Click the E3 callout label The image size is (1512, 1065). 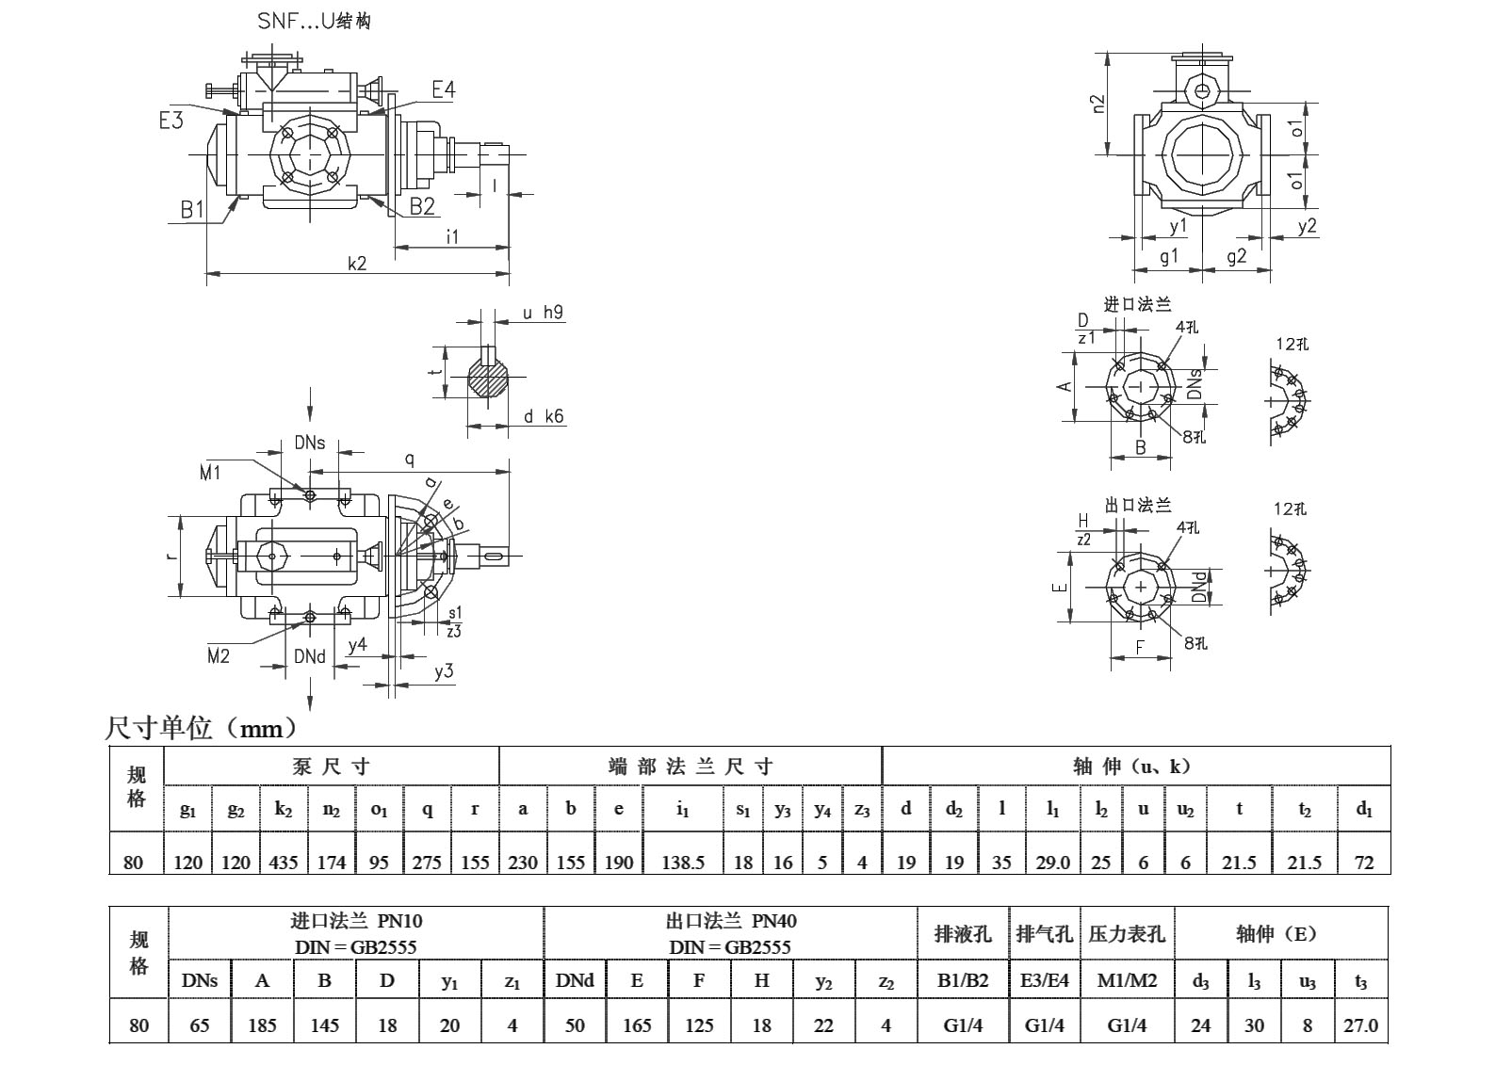[x=171, y=120]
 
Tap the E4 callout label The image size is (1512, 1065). [x=444, y=89]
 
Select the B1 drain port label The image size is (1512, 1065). [x=192, y=209]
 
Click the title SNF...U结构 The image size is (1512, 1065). [x=314, y=21]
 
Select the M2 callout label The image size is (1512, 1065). [x=219, y=655]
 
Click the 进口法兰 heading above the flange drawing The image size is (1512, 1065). [x=1137, y=304]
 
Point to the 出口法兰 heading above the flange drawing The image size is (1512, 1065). [x=1138, y=506]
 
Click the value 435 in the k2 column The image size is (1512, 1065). [x=284, y=862]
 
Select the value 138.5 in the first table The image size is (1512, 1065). [x=682, y=862]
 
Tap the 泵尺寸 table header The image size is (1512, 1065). [x=332, y=766]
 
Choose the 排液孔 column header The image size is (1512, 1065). [x=963, y=934]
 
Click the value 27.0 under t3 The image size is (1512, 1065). [x=1360, y=1025]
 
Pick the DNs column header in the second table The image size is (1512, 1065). [x=200, y=980]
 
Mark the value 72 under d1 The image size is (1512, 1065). [x=1363, y=862]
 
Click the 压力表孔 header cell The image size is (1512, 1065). [x=1127, y=934]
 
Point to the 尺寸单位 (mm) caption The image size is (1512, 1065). [x=203, y=728]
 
